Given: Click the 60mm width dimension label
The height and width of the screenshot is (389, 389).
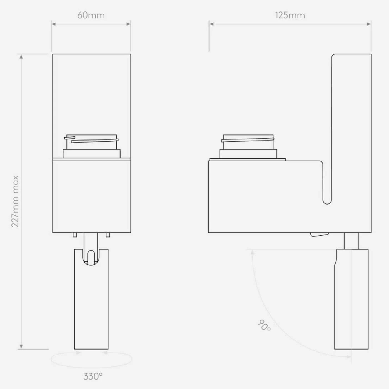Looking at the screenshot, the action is tap(91, 15).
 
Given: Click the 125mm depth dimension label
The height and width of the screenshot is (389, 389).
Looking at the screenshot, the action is tap(290, 15).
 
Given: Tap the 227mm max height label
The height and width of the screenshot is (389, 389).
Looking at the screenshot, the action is tap(15, 201).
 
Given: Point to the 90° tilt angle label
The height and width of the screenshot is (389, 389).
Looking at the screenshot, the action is tap(265, 325).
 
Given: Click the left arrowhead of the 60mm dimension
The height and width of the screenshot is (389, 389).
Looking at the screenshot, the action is tap(54, 24).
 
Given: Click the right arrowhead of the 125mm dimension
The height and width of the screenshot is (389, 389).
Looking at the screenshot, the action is tap(369, 24).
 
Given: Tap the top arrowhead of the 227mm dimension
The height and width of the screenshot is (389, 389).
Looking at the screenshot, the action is tap(21, 56).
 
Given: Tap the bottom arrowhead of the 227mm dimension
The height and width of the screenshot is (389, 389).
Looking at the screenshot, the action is tap(21, 346).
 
